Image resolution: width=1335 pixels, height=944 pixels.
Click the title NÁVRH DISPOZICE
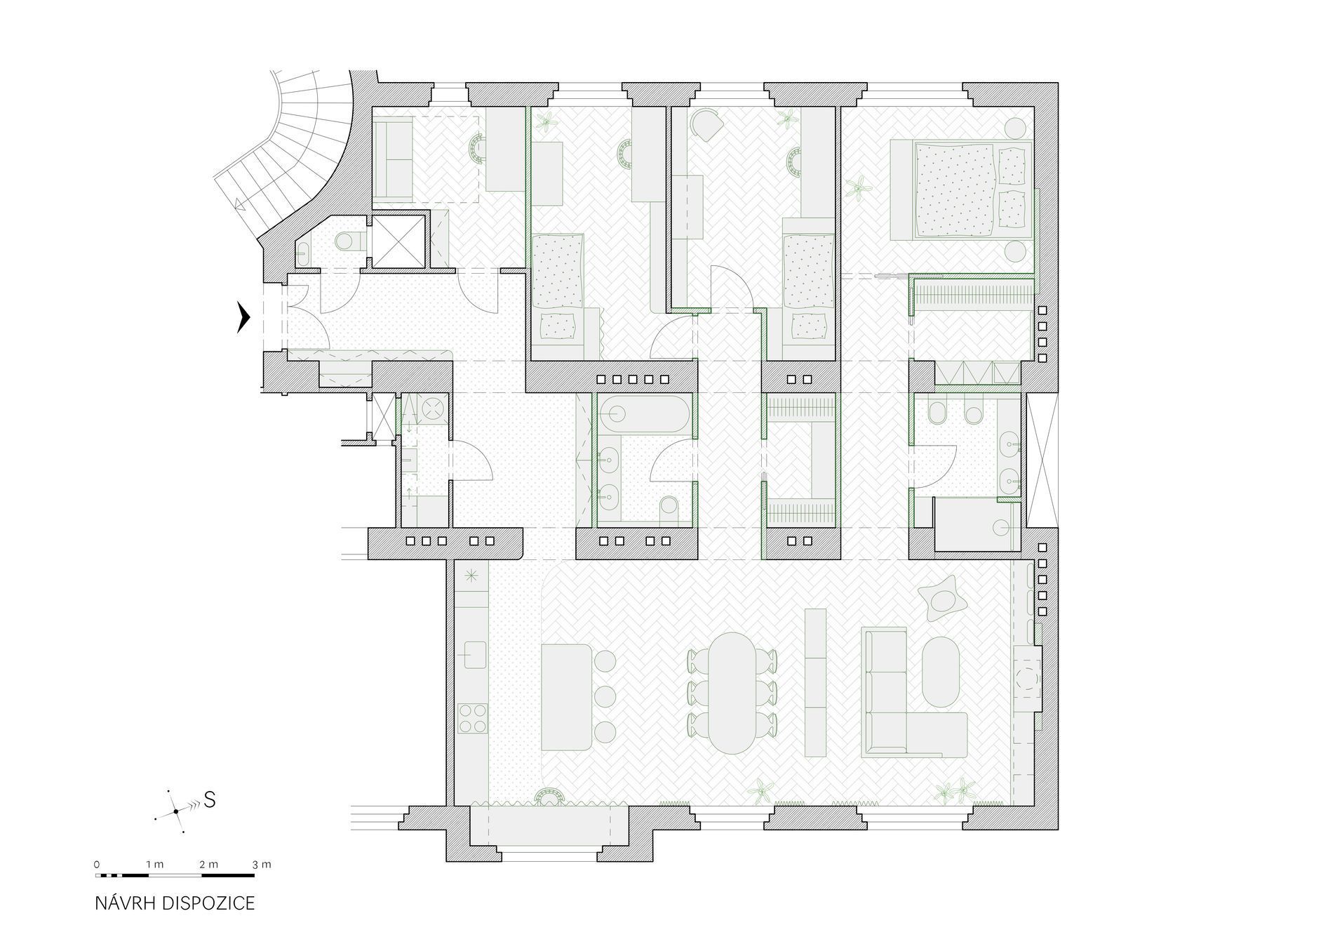(x=175, y=903)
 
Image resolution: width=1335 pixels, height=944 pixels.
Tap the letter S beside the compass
(x=209, y=799)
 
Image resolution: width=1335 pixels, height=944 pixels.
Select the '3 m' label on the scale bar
(x=262, y=864)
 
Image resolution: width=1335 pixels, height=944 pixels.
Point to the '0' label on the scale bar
(x=97, y=864)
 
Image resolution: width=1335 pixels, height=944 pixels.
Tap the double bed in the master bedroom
(x=960, y=190)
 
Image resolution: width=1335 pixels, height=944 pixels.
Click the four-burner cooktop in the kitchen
(x=472, y=718)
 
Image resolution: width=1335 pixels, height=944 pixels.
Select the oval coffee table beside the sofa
(x=941, y=672)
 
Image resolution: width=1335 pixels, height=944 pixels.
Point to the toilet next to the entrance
(x=348, y=242)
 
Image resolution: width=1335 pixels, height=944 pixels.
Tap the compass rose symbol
(x=175, y=812)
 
